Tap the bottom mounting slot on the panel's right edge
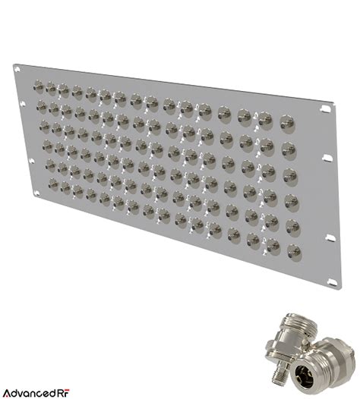coord(333,282)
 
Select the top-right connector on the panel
coord(287,121)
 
